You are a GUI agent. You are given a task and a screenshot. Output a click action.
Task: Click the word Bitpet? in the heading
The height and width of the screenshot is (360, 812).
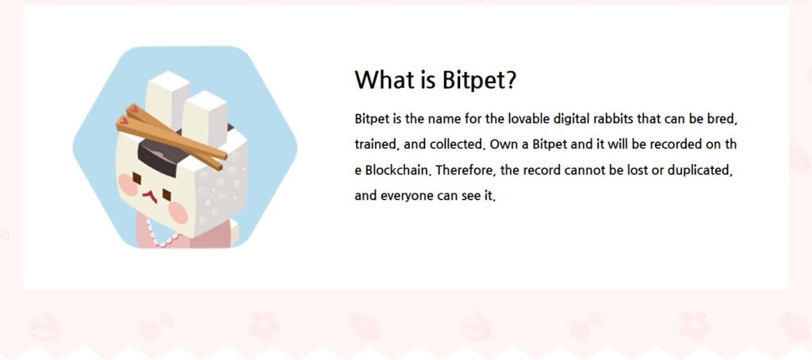tap(480, 80)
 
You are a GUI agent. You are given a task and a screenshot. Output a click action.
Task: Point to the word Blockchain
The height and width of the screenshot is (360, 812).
tap(399, 170)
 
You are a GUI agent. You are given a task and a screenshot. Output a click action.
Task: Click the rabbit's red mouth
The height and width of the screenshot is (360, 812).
tap(150, 197)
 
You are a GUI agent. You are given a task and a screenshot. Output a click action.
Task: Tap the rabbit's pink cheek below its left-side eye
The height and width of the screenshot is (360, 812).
tap(128, 185)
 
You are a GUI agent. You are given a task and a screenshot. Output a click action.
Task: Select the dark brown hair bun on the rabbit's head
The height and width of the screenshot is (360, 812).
tap(159, 156)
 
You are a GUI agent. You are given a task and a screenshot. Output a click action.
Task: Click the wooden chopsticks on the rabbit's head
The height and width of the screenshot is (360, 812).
tap(171, 136)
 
